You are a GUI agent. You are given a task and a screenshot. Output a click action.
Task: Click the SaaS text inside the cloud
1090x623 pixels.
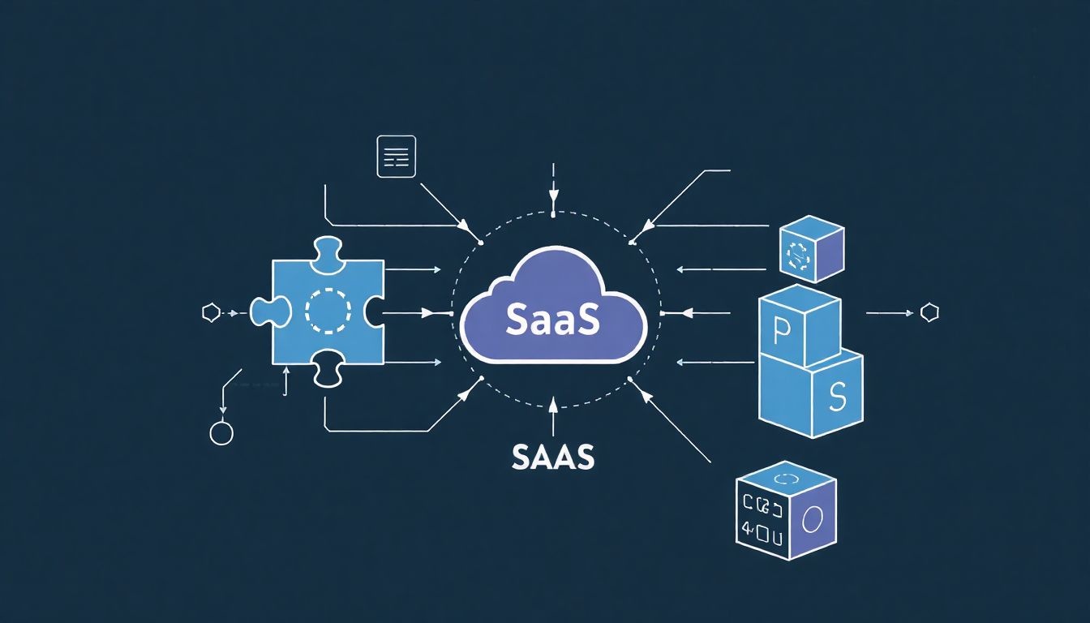pos(552,320)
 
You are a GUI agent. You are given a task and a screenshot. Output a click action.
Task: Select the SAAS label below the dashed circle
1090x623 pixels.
pos(553,457)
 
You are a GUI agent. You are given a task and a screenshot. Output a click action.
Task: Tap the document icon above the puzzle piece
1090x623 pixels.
pos(397,157)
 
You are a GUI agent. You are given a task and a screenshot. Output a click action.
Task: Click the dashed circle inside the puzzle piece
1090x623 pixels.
pos(328,310)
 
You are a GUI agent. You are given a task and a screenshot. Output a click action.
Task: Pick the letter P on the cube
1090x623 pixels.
pos(782,329)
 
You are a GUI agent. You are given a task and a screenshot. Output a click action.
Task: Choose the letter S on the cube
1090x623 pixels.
pos(838,395)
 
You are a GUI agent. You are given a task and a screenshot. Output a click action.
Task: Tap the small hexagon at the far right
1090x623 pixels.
pos(929,312)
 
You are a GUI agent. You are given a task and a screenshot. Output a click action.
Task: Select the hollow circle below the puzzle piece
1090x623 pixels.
pos(221,433)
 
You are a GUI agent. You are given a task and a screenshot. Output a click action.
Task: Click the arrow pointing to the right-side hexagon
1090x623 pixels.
pos(892,312)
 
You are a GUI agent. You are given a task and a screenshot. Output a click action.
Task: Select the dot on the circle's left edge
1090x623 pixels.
pos(451,312)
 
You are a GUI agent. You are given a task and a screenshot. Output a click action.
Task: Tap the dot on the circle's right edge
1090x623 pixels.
pos(663,312)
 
